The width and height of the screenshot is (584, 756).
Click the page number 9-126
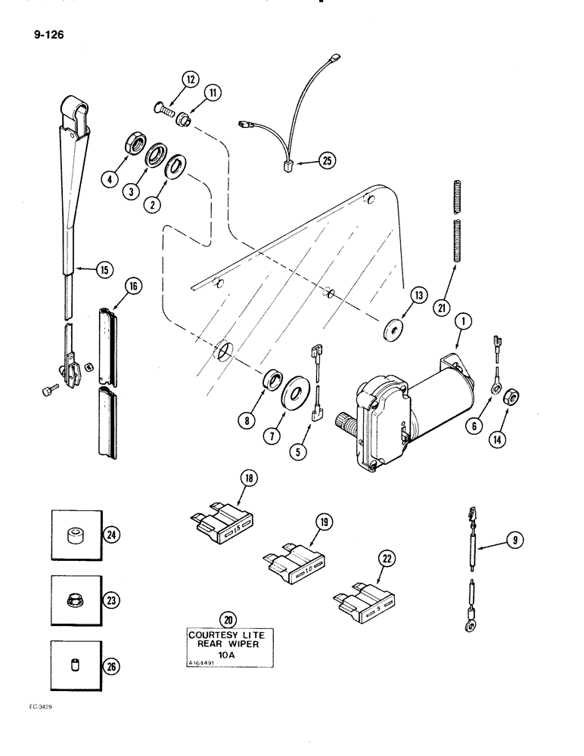48,33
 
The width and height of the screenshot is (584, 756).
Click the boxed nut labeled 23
74,601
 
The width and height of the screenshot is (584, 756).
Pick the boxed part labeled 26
74,667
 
